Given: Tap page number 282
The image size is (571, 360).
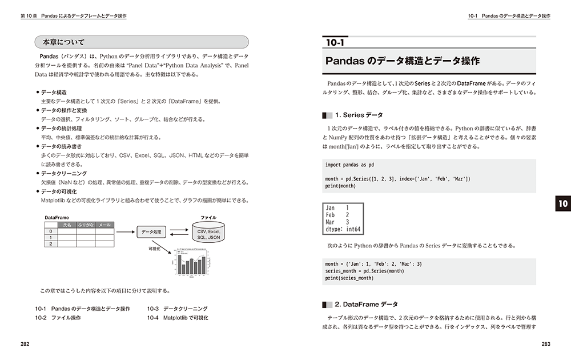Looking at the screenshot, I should (25, 343).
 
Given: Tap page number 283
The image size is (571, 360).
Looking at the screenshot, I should (545, 343).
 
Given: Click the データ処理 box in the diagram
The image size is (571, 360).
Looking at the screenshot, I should (151, 232).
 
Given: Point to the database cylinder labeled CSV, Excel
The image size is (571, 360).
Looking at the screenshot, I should (208, 234).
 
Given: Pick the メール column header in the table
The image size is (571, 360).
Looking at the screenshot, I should (104, 225).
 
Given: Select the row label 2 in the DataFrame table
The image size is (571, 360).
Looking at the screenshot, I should (50, 244).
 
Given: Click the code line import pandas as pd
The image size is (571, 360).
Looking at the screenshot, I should (349, 165).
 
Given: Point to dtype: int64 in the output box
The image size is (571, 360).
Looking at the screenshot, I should (343, 230).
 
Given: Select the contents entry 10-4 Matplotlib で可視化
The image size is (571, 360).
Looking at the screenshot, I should (178, 317).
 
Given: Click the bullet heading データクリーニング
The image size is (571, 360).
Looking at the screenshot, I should (63, 173).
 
